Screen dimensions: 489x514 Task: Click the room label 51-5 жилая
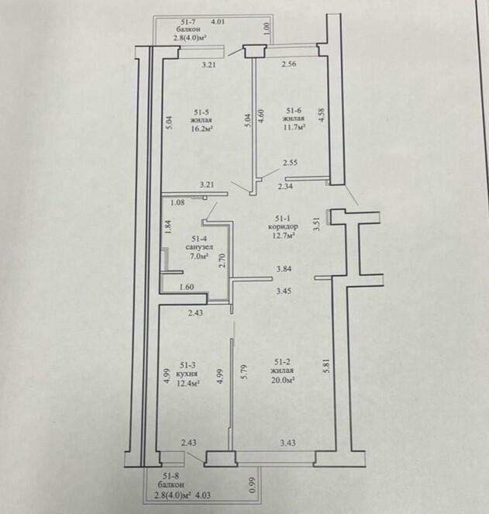pyautogui.click(x=201, y=116)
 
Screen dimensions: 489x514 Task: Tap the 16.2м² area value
pyautogui.click(x=202, y=129)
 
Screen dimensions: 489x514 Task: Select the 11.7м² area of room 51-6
pyautogui.click(x=294, y=126)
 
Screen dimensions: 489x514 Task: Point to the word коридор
pyautogui.click(x=283, y=226)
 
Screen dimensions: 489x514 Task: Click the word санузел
pyautogui.click(x=199, y=247)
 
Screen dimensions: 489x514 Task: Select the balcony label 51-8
pyautogui.click(x=170, y=476)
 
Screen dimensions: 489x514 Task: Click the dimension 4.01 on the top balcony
pyautogui.click(x=218, y=22)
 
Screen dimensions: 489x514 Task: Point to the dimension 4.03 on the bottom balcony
pyautogui.click(x=203, y=495)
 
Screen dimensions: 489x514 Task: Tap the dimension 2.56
pyautogui.click(x=289, y=64)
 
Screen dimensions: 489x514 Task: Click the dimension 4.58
pyautogui.click(x=322, y=115)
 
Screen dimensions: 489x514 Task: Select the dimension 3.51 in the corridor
pyautogui.click(x=317, y=224)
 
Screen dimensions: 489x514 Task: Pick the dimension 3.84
pyautogui.click(x=284, y=269)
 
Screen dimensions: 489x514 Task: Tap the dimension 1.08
pyautogui.click(x=177, y=202)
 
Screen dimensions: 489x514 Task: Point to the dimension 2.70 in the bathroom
pyautogui.click(x=222, y=260)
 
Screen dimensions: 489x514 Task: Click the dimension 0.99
pyautogui.click(x=253, y=485)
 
